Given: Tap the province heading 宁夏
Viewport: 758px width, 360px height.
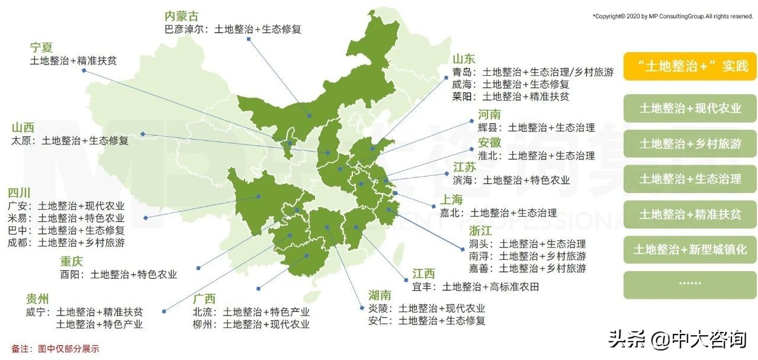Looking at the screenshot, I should [41, 48].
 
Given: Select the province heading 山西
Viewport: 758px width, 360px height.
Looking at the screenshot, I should [23, 128].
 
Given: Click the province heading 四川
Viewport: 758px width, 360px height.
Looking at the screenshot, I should [19, 193].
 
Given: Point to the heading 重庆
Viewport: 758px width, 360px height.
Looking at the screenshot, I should [71, 262].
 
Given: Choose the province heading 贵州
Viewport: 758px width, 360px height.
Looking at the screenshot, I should [37, 298].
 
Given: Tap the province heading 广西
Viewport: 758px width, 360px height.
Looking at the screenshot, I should [204, 298].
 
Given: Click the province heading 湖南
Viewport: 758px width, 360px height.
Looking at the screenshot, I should [380, 295].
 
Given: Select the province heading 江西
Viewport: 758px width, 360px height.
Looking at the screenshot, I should [423, 274].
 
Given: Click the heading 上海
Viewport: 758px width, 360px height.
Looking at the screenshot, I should [451, 200].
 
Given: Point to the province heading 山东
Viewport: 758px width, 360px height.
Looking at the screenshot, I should [464, 59].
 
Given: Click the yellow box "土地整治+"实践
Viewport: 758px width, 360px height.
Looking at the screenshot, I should [690, 66].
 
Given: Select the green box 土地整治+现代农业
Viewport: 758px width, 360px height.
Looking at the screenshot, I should [690, 108].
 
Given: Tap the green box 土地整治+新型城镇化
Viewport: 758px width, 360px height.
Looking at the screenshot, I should [690, 249].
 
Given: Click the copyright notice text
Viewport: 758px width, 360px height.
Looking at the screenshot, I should [673, 17].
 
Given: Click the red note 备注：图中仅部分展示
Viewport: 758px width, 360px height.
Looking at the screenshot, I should [56, 349].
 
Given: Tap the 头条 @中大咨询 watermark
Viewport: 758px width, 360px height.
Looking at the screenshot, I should [677, 340].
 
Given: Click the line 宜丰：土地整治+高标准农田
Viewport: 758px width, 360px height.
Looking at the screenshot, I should [476, 287].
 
